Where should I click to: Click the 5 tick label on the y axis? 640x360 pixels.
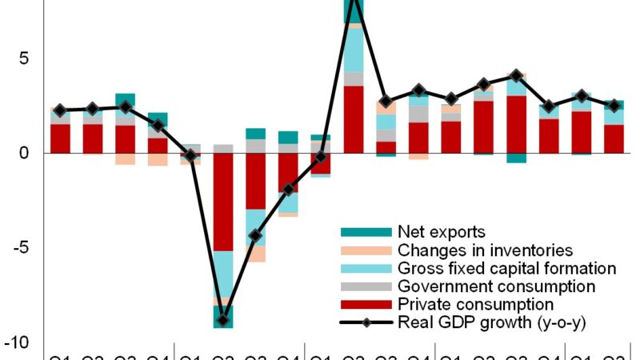pos(23,58)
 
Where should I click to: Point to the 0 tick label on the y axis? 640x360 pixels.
pos(23,153)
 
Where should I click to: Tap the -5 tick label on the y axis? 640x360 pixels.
pos(20,247)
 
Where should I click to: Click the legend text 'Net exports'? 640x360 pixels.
pos(441,233)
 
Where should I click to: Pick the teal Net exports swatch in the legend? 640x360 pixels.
pos(366,233)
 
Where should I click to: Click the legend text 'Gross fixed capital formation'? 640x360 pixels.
pos(506,269)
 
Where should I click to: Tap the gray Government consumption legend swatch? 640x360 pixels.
pos(366,286)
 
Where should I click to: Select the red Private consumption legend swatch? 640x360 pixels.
pos(366,305)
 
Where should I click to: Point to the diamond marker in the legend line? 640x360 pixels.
pos(366,322)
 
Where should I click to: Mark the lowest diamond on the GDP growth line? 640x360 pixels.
pos(223,321)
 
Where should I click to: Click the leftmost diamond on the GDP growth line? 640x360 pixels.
pos(60,110)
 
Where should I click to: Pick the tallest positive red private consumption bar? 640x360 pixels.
pos(354,119)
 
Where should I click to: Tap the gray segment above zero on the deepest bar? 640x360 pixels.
pos(223,149)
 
